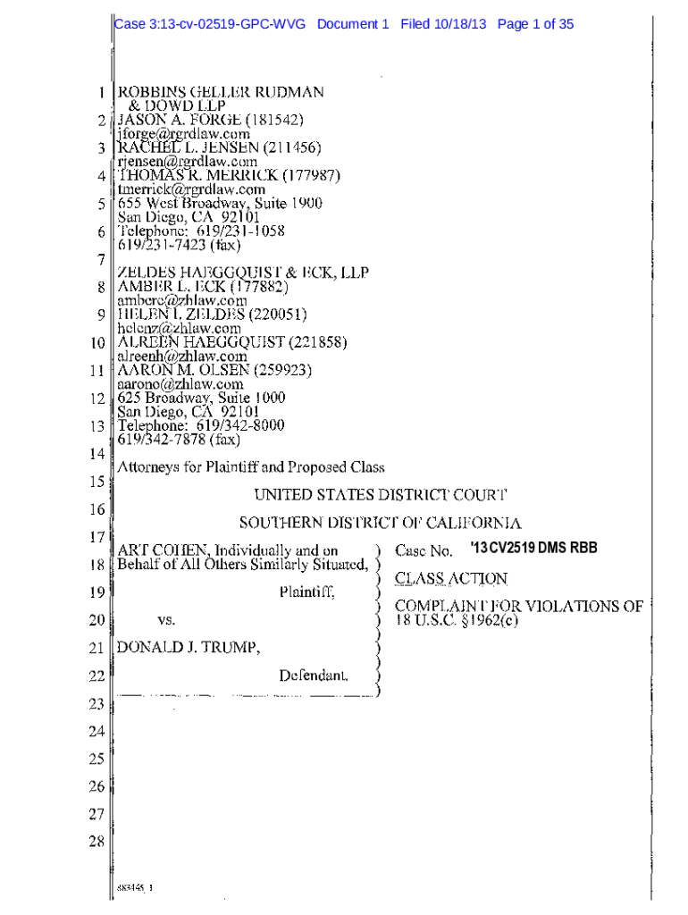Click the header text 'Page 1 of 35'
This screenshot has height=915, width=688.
[535, 24]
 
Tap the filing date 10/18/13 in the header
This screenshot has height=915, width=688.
[462, 24]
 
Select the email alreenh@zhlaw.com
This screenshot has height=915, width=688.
[182, 356]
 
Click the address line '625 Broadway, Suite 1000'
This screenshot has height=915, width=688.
[202, 398]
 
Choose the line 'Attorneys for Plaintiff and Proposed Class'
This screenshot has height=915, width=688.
[251, 466]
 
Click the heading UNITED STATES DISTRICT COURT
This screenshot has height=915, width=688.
[381, 494]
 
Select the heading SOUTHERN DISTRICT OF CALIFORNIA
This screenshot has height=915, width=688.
[380, 523]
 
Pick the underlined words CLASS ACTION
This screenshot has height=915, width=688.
[451, 579]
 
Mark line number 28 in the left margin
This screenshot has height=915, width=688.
[96, 842]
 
